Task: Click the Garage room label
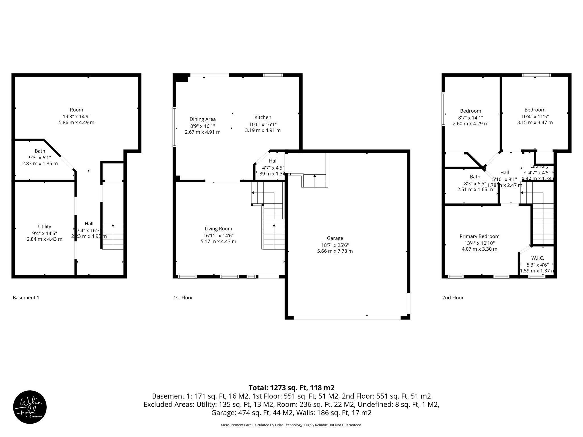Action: pos(335,238)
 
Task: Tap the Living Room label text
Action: pos(218,229)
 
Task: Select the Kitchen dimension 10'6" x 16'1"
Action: pos(263,124)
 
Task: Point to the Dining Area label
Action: pos(203,119)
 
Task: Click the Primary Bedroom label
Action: pos(479,236)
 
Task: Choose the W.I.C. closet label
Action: pos(537,258)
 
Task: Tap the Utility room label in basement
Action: pos(45,227)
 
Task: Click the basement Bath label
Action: pos(40,151)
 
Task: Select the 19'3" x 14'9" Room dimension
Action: pos(77,116)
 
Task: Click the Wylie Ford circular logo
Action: pos(30,407)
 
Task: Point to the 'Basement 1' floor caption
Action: pos(26,298)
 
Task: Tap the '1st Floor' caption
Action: pos(183,298)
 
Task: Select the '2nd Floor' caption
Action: pos(453,298)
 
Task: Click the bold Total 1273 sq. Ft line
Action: pos(291,388)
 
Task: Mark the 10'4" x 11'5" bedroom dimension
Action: pos(535,116)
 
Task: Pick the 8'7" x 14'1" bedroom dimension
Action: pos(471,118)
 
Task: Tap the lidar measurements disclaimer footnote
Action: pos(291,425)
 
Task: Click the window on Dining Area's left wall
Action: pos(175,127)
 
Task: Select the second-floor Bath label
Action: pos(475,177)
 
